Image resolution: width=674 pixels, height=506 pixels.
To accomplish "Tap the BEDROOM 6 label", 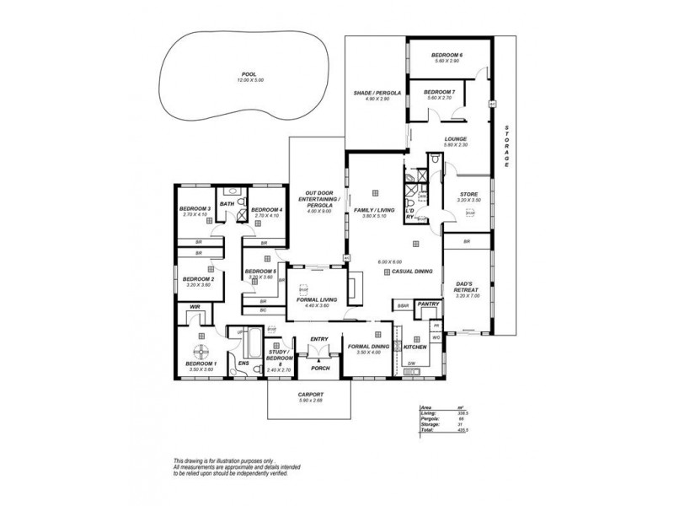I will tap(448, 56).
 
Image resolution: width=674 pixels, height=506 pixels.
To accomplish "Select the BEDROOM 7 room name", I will tap(439, 92).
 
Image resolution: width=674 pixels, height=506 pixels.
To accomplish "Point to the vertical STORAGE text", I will tap(506, 145).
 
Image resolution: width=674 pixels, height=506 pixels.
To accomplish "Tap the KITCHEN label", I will tap(415, 347).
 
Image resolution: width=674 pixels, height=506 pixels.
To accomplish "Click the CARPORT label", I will tap(312, 395).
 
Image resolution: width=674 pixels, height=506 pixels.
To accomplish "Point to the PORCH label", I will tap(318, 367).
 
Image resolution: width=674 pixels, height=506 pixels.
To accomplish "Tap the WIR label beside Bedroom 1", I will tap(194, 307).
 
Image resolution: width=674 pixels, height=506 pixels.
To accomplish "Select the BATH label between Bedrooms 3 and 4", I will tap(227, 204).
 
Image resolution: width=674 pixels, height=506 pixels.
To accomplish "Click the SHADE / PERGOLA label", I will tap(377, 94).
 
